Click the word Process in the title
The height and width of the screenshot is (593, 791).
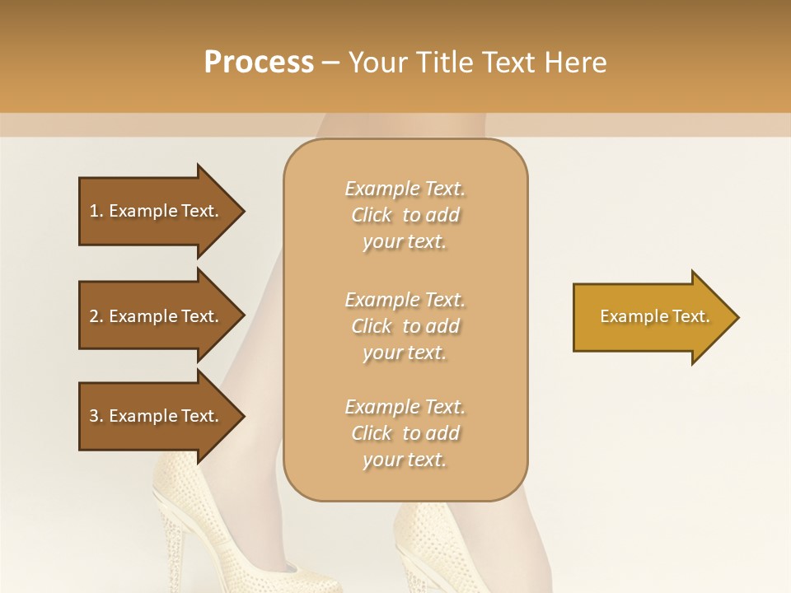(259, 63)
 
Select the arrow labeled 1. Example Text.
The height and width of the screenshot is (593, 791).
(157, 211)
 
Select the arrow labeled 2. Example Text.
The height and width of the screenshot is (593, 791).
(157, 316)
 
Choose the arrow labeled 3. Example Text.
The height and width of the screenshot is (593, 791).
(157, 416)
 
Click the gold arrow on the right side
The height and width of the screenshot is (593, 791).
(651, 317)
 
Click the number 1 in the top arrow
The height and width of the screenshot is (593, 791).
(93, 211)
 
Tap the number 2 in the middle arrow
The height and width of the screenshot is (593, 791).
(93, 316)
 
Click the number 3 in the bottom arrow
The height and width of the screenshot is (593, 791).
(93, 416)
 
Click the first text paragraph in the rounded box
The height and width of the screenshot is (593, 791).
(405, 215)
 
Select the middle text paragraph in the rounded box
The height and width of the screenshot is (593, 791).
(405, 326)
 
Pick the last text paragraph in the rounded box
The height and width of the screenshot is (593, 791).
(405, 433)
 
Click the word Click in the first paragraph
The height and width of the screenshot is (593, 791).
(371, 215)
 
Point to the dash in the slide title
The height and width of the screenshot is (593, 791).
(331, 63)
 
